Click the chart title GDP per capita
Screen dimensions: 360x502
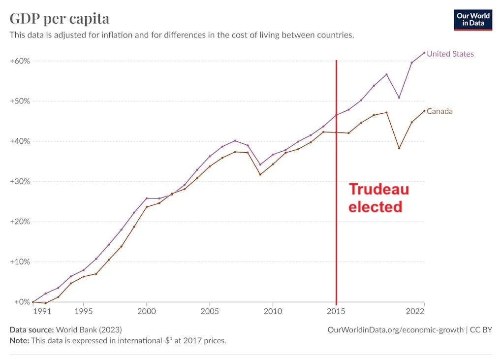tap(60, 19)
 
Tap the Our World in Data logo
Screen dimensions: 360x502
tap(473, 20)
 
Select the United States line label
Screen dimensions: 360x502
tap(450, 54)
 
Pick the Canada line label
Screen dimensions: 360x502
tap(439, 111)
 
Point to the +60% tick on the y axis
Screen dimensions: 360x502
tap(20, 61)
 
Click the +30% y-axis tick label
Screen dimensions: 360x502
tap(20, 182)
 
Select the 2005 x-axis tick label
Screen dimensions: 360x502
tap(210, 311)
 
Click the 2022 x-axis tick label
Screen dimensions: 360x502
tap(415, 311)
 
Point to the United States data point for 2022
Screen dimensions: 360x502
tap(424, 53)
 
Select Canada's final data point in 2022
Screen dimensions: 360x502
tap(424, 111)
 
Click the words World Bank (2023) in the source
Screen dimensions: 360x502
tap(89, 329)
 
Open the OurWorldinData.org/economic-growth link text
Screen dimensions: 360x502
tap(396, 329)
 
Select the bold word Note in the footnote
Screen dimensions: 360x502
tap(19, 340)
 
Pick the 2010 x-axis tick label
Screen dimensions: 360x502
tap(273, 311)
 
